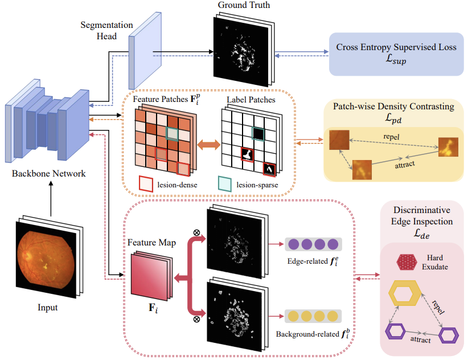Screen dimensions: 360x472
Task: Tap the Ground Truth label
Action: click(243, 6)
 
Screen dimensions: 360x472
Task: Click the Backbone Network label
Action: click(48, 173)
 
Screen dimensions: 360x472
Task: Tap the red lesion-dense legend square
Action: click(146, 183)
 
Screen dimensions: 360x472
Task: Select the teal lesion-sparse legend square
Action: click(226, 183)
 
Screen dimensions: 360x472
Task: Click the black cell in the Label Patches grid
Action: click(258, 133)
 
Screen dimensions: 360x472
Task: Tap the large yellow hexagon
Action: click(404, 297)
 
